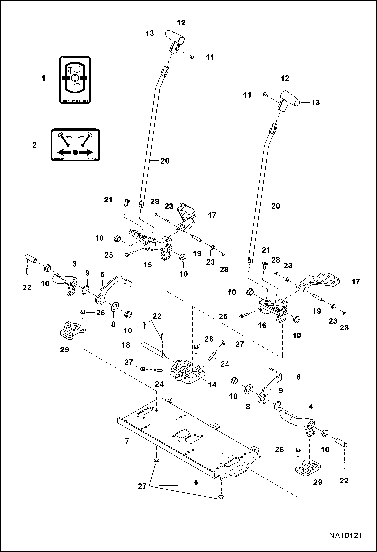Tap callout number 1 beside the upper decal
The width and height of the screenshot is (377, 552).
tap(44, 78)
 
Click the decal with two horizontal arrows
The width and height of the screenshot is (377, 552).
tap(75, 145)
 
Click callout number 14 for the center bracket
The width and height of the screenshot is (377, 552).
tap(212, 385)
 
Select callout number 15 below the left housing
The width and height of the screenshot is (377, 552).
tap(148, 265)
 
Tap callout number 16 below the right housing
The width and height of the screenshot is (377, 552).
tap(262, 325)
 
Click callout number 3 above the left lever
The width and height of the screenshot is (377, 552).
tap(74, 264)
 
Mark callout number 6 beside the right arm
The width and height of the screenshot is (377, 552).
tap(298, 377)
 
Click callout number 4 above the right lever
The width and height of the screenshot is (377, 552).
tap(311, 407)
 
